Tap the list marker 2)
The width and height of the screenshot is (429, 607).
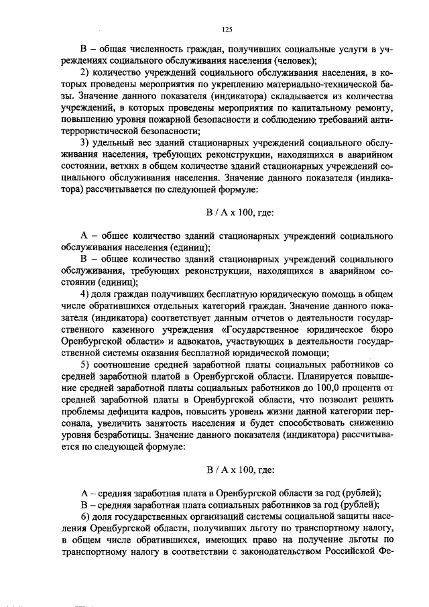pos(85,72)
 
